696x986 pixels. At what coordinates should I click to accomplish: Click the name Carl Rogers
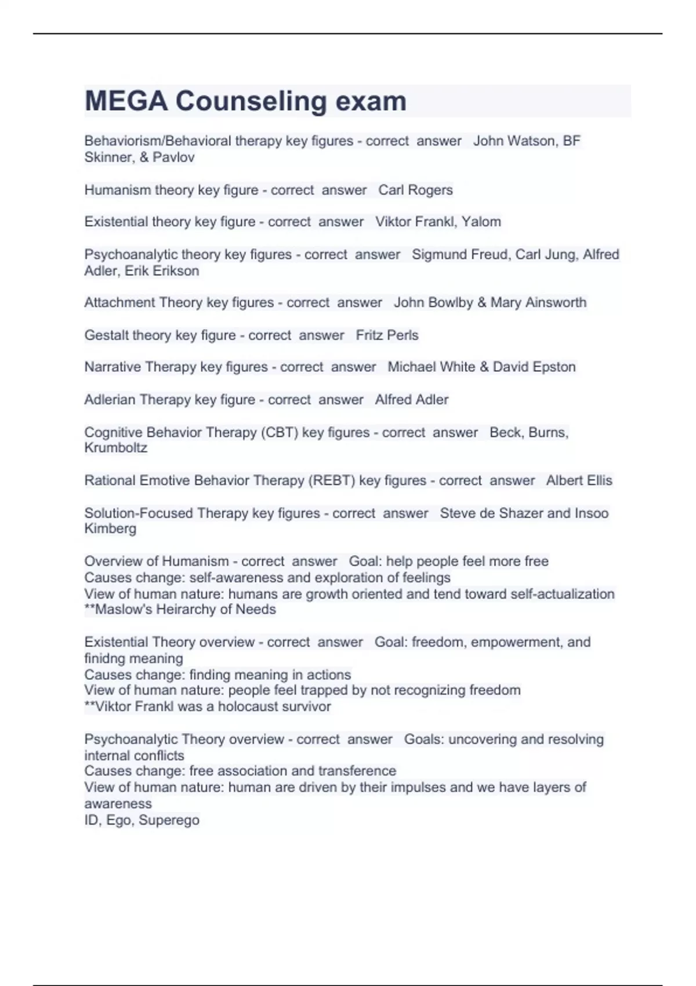point(415,190)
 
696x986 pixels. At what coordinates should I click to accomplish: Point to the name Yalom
point(481,222)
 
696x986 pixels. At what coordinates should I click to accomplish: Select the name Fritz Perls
point(387,335)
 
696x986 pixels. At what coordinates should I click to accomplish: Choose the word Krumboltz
point(115,448)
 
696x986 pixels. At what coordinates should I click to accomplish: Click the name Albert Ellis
point(579,481)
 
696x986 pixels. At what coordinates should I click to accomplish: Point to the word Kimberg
point(110,529)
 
